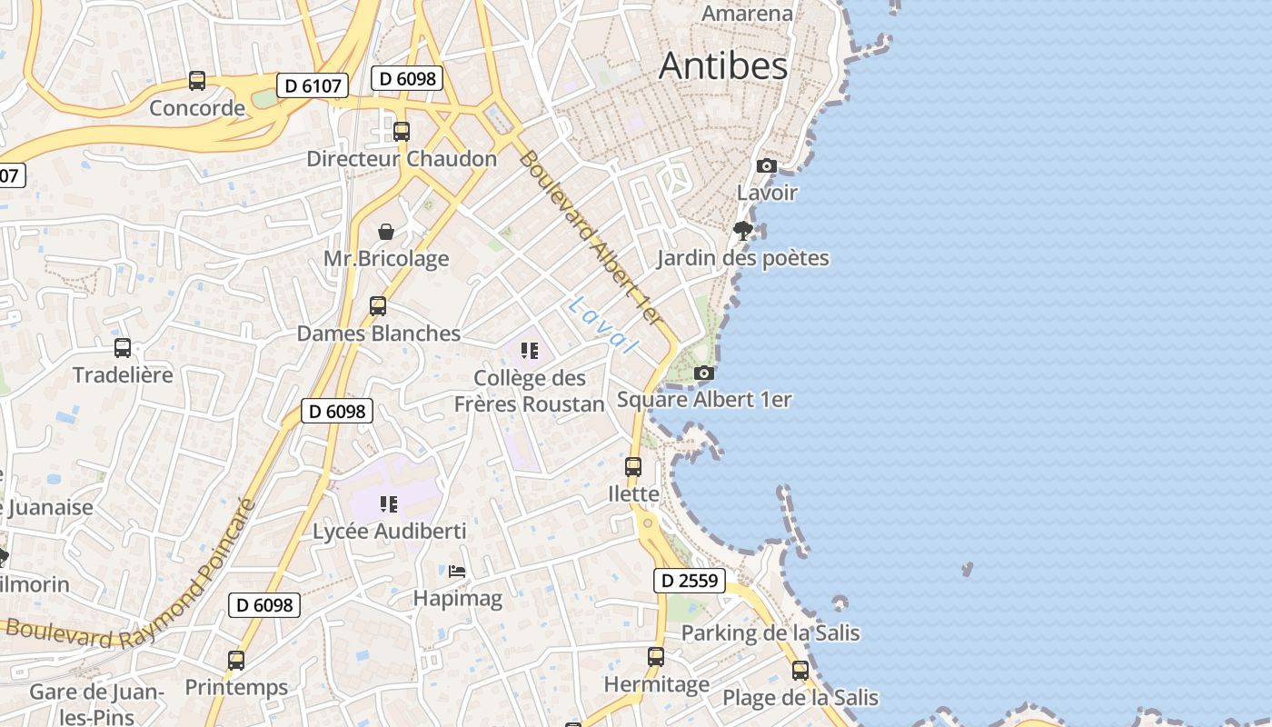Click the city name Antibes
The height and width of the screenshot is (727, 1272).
click(x=723, y=65)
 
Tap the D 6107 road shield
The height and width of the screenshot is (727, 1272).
click(x=313, y=86)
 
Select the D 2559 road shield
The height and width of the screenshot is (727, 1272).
click(x=690, y=581)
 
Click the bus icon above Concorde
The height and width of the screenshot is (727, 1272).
click(x=197, y=81)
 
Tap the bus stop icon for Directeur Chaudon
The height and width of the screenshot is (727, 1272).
click(x=402, y=131)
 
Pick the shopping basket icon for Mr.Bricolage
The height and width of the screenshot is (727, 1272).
click(x=386, y=232)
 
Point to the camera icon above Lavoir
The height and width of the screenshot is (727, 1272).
click(x=767, y=165)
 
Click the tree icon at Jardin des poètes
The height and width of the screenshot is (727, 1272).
click(x=743, y=230)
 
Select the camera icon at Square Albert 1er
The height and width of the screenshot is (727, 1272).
click(x=703, y=373)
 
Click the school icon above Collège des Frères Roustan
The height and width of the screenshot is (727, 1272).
click(x=530, y=351)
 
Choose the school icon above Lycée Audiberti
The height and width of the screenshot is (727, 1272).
click(x=389, y=503)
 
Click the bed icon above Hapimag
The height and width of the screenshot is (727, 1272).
click(x=457, y=571)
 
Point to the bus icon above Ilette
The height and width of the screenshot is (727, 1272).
click(x=633, y=467)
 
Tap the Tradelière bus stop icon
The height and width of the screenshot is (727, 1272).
click(x=123, y=347)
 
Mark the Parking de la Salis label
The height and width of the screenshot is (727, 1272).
click(x=770, y=632)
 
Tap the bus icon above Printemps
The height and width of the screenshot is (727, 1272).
click(x=236, y=661)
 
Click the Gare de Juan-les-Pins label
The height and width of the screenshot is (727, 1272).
click(x=96, y=704)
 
